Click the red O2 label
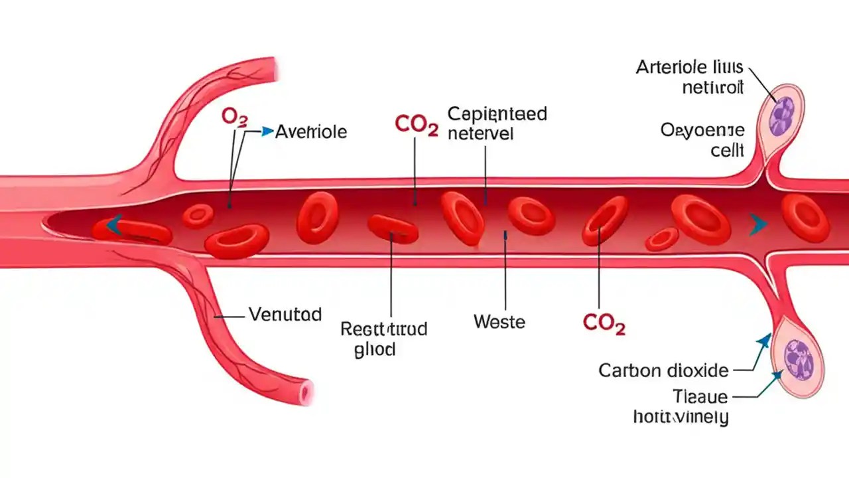(234, 118)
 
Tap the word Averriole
(310, 132)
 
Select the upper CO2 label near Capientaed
(416, 125)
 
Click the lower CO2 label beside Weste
(604, 323)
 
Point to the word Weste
(499, 322)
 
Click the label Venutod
(285, 314)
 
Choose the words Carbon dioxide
(663, 370)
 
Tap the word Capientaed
(497, 114)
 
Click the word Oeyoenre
(702, 130)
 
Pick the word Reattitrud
(383, 329)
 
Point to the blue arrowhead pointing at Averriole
(267, 131)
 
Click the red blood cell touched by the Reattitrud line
(393, 229)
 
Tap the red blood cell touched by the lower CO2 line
(604, 220)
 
